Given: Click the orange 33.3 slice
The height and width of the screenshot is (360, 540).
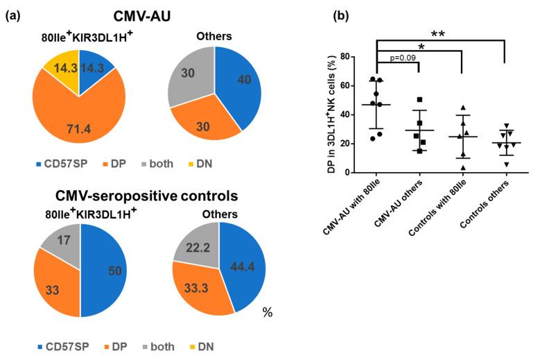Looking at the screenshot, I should click(x=200, y=288).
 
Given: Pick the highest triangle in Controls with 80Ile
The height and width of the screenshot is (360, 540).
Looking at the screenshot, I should click(x=462, y=108).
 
